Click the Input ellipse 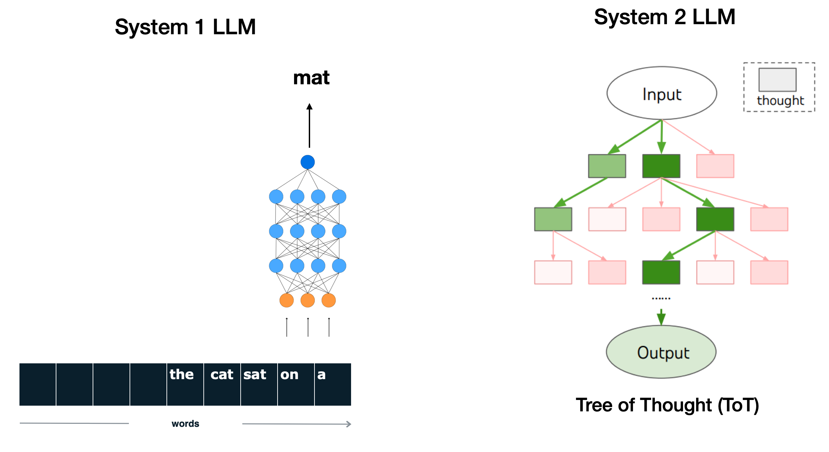[x=662, y=93]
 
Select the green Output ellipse [x=661, y=352]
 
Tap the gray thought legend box [x=777, y=80]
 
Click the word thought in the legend [x=780, y=100]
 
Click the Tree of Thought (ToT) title [x=667, y=405]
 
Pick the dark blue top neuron [x=307, y=162]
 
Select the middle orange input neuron [x=307, y=300]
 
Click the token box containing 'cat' [x=222, y=384]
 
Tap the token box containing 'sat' [x=259, y=384]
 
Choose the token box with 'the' [x=185, y=384]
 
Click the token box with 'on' [x=296, y=384]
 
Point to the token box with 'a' [x=333, y=384]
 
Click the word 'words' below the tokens [x=185, y=424]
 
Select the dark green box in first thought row [x=661, y=166]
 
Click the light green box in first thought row [x=607, y=166]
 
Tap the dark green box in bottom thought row [x=661, y=272]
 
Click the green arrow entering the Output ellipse [x=661, y=317]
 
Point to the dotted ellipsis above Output [x=661, y=298]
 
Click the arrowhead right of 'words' [x=349, y=424]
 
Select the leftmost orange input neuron [x=286, y=300]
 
